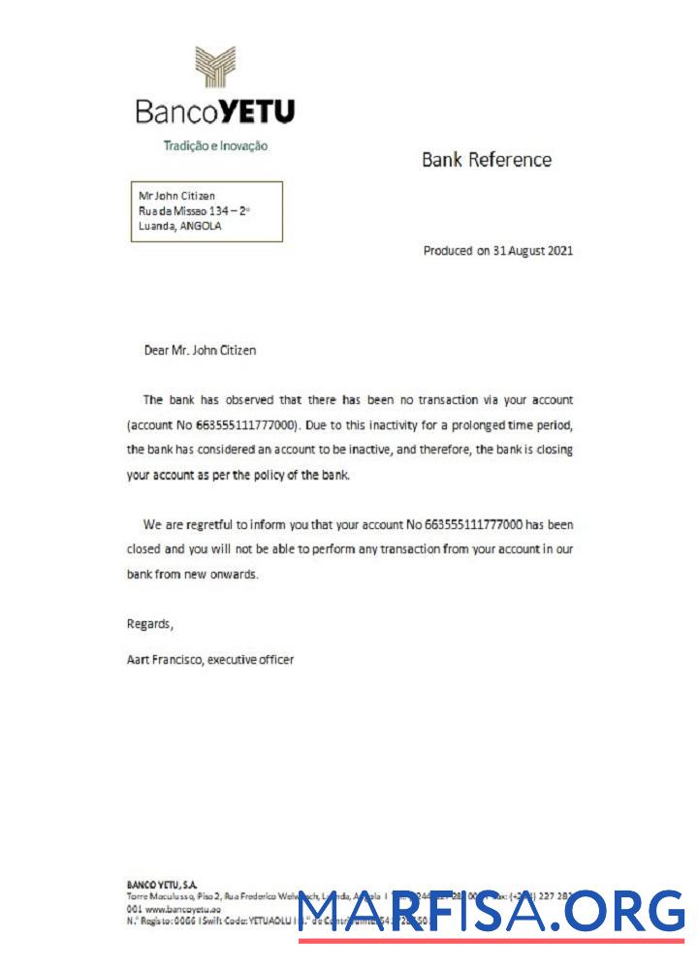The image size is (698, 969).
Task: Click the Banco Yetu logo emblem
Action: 216,68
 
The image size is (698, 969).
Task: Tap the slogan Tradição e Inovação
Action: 215,146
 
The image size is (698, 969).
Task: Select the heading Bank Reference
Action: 486,160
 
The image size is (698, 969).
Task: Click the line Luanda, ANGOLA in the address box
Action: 180,226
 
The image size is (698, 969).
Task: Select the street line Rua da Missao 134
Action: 194,210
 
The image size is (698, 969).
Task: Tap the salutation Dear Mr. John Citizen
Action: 200,351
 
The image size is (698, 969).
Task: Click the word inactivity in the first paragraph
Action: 409,424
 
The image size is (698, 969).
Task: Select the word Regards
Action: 150,623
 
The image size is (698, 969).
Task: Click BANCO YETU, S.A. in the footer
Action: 162,885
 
